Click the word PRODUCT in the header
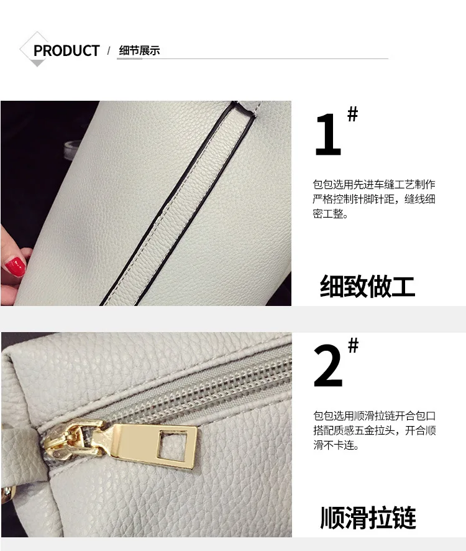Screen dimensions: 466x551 66,50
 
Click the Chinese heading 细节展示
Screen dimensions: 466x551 139,50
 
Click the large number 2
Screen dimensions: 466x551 327,366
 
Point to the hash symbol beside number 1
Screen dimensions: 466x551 352,114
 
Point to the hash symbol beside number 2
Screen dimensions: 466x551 354,345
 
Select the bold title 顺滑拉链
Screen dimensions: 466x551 368,517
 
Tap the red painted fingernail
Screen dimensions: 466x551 16,267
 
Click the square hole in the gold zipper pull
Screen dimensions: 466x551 167,445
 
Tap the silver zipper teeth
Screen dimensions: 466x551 197,390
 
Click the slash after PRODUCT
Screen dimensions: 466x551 109,50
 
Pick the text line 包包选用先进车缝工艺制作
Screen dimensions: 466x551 374,185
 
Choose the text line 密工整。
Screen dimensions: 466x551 331,214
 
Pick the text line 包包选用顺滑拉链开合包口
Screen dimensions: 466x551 374,415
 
